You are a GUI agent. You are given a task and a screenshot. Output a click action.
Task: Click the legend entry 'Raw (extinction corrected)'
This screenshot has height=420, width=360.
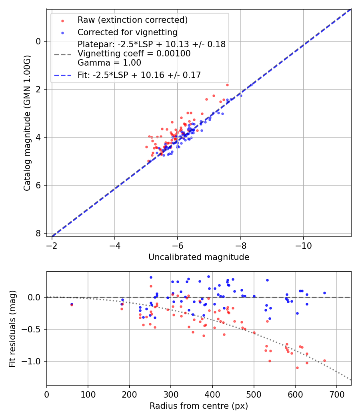[x=132, y=20]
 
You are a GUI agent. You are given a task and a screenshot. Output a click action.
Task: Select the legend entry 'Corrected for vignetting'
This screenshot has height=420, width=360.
[x=127, y=32]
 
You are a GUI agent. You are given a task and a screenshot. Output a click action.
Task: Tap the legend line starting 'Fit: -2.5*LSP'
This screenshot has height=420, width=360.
[x=139, y=75]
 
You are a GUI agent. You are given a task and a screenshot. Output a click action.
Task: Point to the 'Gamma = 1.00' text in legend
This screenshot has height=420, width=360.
[x=109, y=62]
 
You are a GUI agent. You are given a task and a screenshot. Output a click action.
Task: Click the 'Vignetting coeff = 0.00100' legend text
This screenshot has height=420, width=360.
[x=134, y=53]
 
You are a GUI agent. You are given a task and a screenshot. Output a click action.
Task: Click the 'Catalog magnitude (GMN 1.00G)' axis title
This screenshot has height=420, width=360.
[x=27, y=123]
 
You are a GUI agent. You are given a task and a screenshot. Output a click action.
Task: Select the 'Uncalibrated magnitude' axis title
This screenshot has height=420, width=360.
[x=199, y=257]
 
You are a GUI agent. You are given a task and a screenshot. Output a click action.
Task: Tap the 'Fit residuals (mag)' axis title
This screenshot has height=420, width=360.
[x=12, y=328]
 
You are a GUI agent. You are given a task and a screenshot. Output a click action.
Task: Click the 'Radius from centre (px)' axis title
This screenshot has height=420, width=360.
[x=199, y=406]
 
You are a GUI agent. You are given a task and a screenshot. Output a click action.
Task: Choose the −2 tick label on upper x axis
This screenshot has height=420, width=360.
[x=52, y=244]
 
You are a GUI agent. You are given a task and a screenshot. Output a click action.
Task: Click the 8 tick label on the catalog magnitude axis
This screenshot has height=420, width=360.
[x=38, y=233]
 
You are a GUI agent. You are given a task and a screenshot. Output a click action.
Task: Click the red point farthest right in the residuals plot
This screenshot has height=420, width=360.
[x=324, y=360]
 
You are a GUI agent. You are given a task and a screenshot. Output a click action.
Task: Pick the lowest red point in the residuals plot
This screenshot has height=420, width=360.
[x=297, y=368]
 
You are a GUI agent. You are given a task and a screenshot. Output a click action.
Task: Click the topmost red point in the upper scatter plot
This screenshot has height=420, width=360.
[x=227, y=85]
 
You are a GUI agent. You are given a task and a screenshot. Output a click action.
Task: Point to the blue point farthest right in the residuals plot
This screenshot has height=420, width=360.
[x=324, y=293]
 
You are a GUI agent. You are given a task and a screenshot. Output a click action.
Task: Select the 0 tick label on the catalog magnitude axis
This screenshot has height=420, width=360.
[x=38, y=41]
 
